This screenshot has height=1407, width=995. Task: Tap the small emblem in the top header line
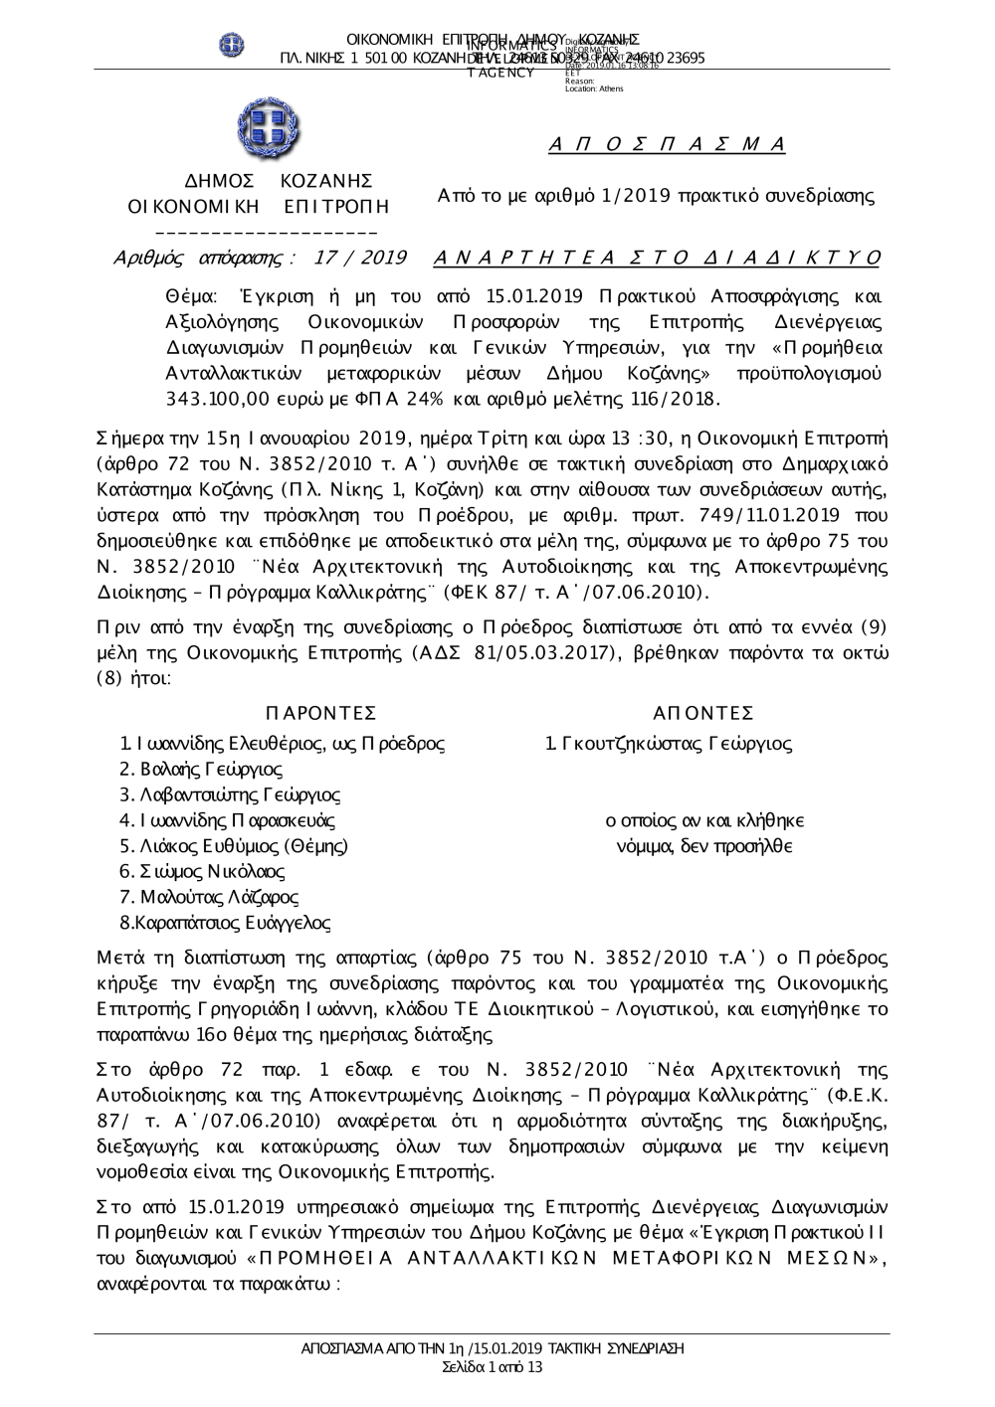232,45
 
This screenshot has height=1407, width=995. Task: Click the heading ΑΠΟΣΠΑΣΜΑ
668,144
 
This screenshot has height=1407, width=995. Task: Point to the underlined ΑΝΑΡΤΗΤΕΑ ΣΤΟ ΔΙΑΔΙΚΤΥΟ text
658,259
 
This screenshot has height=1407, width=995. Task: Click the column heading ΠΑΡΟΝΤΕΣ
321,713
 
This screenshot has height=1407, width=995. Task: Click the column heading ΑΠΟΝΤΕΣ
703,713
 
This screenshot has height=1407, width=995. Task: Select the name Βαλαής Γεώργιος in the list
200,769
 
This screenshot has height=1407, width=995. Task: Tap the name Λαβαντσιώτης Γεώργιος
229,794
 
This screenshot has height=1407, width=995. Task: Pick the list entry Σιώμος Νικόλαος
202,872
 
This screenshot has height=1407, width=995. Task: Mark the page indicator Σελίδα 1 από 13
493,1367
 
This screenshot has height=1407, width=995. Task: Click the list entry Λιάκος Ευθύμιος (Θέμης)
234,846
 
